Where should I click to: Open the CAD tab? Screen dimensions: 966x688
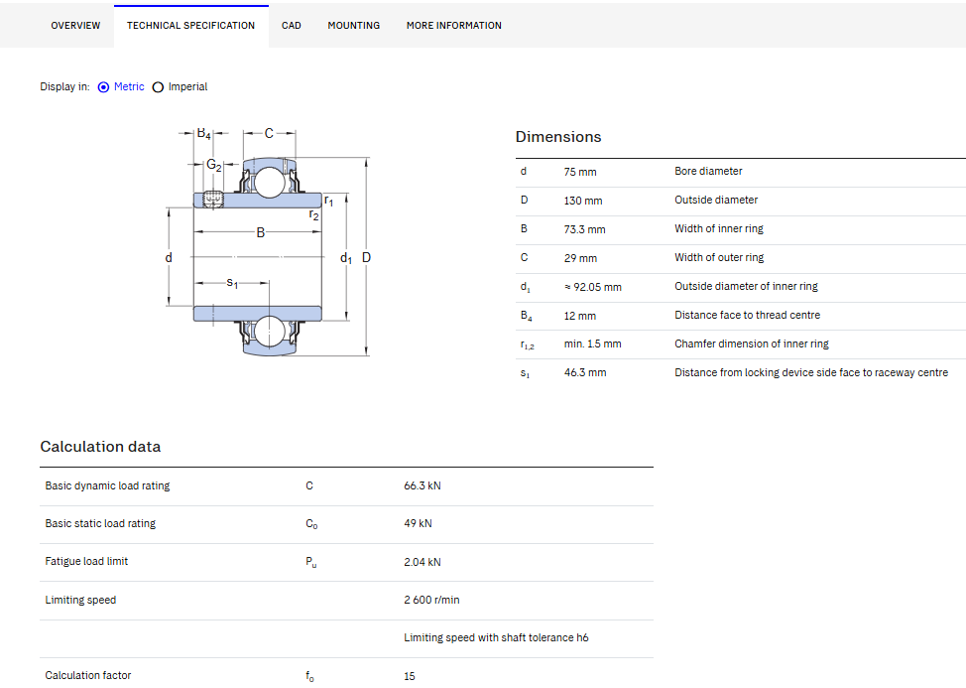pos(292,25)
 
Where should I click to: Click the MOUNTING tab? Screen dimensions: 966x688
pos(354,25)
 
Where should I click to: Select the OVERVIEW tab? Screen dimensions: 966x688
pos(75,25)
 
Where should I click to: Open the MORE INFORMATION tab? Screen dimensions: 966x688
pos(454,25)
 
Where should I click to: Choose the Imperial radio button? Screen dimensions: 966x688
pos(159,87)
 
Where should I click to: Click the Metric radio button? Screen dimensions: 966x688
pos(103,87)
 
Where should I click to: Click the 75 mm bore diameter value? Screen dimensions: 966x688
pos(580,172)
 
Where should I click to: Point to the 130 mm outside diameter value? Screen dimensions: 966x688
pos(583,201)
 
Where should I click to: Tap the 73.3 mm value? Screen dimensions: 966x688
pos(584,229)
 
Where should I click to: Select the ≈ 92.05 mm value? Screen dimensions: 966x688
pos(593,287)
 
